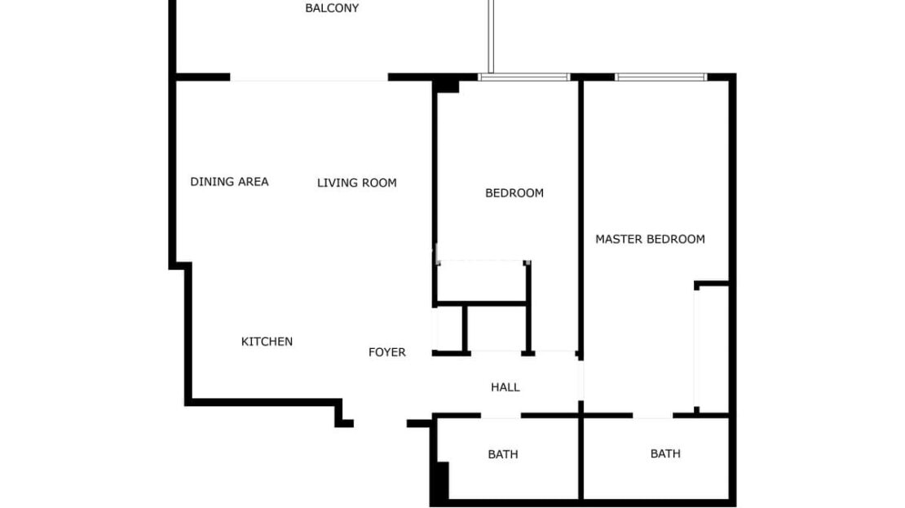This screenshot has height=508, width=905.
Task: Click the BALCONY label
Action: click(x=332, y=8)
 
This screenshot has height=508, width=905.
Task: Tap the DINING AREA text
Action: click(x=229, y=182)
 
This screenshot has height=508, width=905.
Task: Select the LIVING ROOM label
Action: click(x=356, y=183)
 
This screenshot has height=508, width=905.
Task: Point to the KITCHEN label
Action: click(x=267, y=342)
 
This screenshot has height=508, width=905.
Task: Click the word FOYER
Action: click(x=386, y=352)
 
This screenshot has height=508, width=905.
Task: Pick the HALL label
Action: click(x=505, y=387)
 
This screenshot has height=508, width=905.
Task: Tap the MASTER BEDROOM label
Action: click(x=650, y=239)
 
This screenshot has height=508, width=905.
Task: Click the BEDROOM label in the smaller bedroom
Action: click(x=514, y=192)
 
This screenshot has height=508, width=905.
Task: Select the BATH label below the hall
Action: click(x=503, y=454)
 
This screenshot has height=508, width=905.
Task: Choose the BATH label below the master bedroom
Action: click(x=665, y=453)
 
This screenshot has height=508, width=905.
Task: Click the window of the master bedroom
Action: click(x=661, y=77)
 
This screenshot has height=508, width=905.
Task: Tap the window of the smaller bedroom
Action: click(x=524, y=77)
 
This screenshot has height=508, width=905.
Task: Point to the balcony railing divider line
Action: click(x=491, y=37)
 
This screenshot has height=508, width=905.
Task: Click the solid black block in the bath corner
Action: click(x=443, y=480)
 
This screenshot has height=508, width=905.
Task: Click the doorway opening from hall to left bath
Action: click(x=501, y=415)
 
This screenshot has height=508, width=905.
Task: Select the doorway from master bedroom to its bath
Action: click(x=653, y=415)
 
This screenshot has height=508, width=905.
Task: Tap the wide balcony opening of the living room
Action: click(x=309, y=77)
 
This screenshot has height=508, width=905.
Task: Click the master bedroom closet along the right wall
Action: click(x=713, y=349)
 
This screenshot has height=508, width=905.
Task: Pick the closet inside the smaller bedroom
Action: click(x=482, y=281)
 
